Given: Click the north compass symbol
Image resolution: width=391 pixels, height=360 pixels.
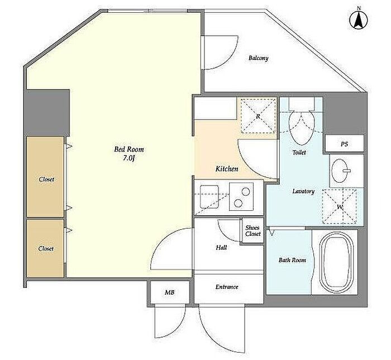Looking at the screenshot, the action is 359,20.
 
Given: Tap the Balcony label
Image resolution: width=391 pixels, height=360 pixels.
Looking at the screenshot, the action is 258,58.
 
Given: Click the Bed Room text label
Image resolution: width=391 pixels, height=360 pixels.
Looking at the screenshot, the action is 129,149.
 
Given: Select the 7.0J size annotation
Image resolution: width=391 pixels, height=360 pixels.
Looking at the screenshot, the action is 129,158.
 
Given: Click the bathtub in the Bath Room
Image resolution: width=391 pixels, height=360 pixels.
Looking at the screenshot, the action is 337,262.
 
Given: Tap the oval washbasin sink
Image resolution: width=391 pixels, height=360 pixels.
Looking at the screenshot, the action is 340,171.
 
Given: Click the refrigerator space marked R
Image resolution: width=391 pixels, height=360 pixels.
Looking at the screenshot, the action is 258,116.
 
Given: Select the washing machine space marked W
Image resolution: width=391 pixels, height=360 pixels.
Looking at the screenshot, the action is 340,207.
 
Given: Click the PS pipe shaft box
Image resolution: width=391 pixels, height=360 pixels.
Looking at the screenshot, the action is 344,144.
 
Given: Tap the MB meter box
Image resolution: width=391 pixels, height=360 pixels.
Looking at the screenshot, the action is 169,292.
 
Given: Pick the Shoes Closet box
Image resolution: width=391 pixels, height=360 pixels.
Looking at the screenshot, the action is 253,230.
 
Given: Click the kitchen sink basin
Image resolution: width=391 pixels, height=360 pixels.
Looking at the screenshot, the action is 209,197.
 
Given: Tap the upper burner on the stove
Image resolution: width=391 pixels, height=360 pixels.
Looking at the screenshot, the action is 246,192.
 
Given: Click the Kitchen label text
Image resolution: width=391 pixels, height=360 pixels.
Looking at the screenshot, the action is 227,169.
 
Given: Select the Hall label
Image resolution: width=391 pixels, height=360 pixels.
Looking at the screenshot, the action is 221,248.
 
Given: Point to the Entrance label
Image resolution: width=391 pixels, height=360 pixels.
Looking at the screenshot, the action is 227,287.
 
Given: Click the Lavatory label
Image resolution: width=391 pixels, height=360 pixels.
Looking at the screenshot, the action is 303,191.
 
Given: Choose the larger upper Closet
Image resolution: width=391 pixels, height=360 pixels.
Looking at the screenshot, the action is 45,177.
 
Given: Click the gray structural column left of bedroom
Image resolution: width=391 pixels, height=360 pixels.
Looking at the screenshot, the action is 46,113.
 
